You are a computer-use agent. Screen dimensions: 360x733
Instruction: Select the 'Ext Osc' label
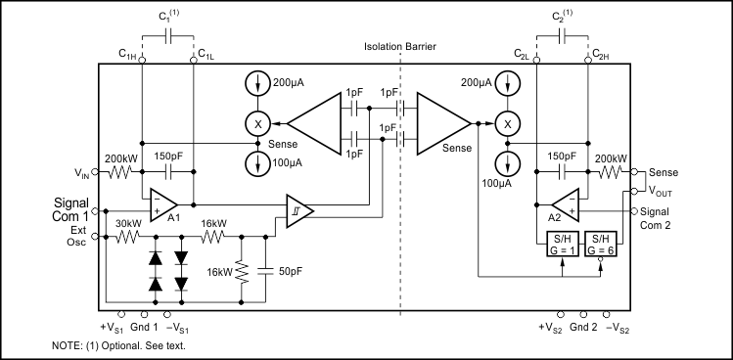click(x=76, y=236)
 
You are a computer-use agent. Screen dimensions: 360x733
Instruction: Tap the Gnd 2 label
click(x=585, y=327)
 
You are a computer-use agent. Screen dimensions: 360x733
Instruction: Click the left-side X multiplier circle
click(x=259, y=123)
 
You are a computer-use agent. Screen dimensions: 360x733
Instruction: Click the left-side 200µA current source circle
click(x=259, y=86)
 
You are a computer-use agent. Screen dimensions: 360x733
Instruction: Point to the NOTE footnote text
click(x=118, y=346)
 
